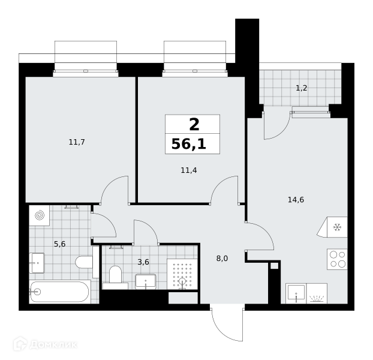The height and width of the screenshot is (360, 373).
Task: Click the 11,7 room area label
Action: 77,142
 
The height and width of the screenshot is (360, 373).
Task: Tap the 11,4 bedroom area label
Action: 189,170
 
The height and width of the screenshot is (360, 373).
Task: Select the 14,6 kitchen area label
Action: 296,200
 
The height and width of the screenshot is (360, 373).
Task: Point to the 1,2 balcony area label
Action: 302,88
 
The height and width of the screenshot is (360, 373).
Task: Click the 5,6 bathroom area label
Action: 60,244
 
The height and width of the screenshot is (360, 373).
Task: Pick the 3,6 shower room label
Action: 143,262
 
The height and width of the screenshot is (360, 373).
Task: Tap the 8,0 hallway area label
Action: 222,259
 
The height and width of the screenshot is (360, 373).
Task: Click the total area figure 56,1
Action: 189,144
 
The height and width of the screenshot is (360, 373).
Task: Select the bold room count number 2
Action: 194,125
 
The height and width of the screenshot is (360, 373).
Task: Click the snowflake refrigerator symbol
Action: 337,227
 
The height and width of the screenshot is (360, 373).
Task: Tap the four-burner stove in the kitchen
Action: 337,259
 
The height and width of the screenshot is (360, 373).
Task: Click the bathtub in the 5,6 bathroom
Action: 60,292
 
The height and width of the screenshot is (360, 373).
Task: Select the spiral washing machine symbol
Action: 40,215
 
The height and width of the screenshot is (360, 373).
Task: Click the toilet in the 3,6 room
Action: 115,277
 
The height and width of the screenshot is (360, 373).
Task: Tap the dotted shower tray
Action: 182,274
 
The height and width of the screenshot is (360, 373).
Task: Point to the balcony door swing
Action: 276,125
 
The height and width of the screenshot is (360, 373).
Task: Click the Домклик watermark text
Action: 53,344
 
